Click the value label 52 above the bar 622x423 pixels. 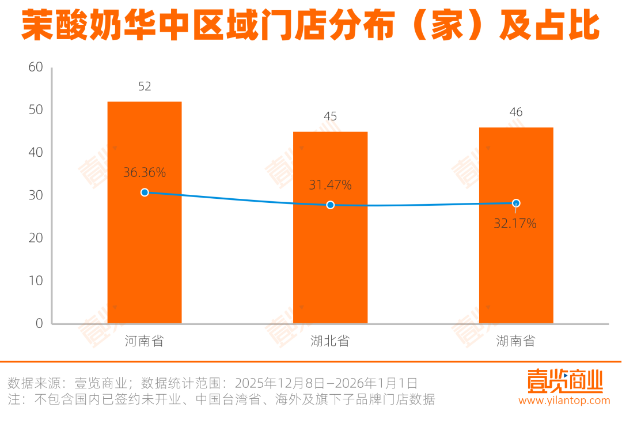point(145,86)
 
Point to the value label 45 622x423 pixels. point(330,116)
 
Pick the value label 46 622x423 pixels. point(516,112)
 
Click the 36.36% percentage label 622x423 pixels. point(145,172)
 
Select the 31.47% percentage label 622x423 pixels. point(330,185)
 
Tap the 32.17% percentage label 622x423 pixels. point(515,223)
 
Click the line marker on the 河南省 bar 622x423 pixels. point(145,192)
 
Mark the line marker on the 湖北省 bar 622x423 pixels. point(330,205)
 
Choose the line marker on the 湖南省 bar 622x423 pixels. point(516,203)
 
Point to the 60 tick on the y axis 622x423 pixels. point(36,67)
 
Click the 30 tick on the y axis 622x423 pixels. point(36,195)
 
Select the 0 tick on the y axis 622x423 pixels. point(39,323)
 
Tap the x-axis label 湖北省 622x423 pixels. point(330,341)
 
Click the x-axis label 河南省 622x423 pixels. point(145,341)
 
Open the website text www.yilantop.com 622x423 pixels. point(564,401)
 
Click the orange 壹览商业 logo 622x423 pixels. point(564,380)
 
